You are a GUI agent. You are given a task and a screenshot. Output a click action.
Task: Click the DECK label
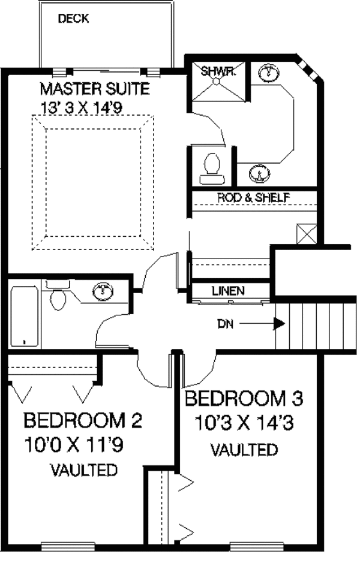73,19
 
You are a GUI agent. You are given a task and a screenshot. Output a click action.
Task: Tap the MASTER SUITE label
94,89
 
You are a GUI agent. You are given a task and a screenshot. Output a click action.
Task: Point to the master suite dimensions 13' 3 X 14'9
81,108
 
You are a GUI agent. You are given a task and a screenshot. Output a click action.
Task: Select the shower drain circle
216,82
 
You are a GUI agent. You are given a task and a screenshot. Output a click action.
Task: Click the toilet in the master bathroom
212,168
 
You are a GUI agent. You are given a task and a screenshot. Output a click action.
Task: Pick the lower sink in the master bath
259,173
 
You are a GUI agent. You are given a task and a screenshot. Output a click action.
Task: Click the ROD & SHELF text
254,197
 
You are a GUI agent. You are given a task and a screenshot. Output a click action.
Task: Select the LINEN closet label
229,291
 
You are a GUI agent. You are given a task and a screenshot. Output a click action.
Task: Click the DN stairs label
226,324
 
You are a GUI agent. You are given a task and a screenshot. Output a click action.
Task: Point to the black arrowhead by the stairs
280,324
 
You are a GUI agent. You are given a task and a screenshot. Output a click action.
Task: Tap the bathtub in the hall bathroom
25,316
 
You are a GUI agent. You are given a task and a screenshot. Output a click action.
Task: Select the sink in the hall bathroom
103,291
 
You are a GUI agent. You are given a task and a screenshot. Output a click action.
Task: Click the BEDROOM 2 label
83,420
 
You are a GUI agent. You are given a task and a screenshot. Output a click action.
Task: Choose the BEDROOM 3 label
244,399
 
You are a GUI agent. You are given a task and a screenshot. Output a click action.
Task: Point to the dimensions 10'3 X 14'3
244,423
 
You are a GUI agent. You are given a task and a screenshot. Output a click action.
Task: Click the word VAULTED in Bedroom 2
85,470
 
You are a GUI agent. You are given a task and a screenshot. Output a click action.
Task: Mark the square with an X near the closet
307,234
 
